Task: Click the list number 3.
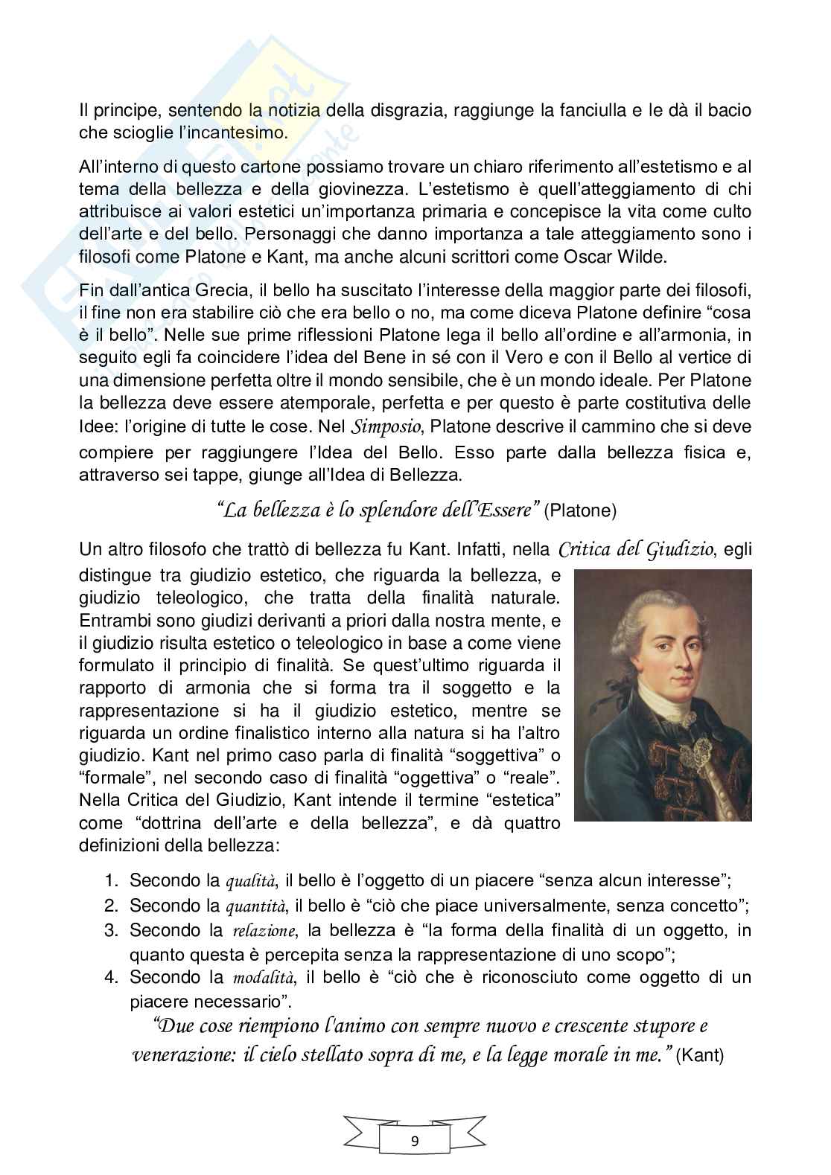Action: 112,930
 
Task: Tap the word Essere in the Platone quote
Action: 503,510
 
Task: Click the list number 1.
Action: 112,882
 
